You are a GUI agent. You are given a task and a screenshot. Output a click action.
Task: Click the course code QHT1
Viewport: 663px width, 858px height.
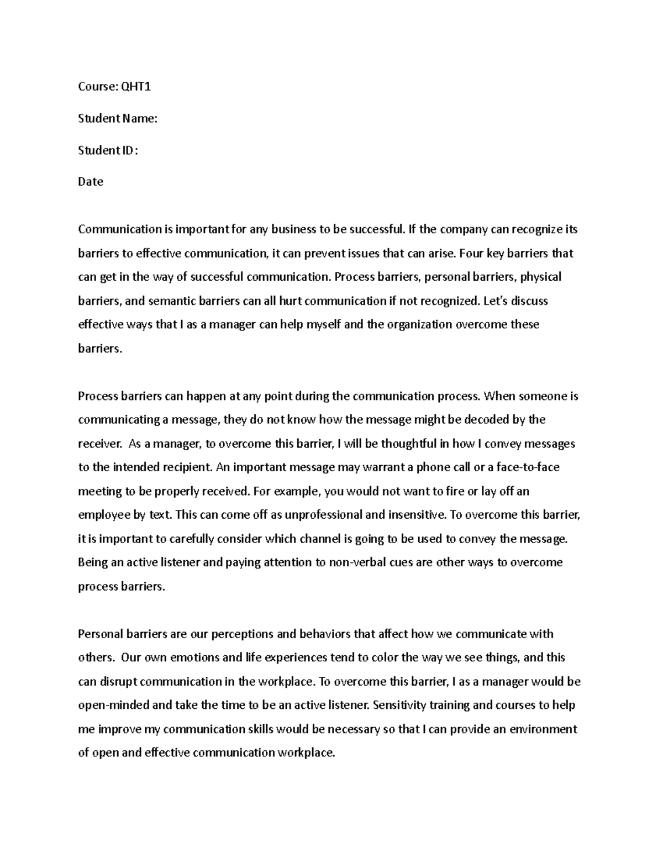(136, 87)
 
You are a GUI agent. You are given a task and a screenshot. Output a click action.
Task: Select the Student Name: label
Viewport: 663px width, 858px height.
(118, 118)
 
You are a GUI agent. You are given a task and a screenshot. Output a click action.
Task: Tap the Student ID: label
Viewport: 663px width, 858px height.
(108, 150)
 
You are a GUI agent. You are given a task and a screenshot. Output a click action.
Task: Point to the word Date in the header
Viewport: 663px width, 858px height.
(91, 182)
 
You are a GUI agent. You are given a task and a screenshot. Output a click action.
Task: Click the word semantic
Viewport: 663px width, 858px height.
(175, 301)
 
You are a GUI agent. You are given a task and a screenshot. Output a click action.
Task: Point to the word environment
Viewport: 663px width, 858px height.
(543, 729)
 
